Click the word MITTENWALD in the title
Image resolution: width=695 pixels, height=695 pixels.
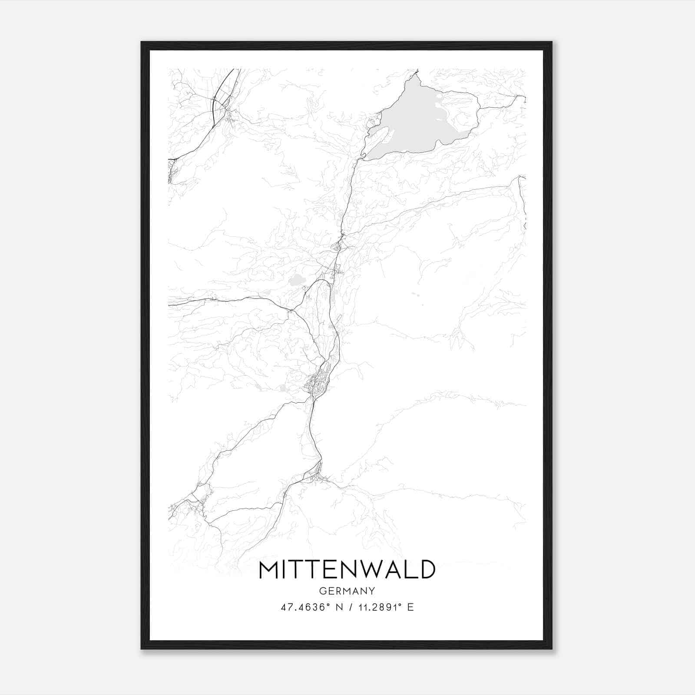pyautogui.click(x=347, y=569)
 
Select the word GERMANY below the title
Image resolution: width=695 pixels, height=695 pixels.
pyautogui.click(x=347, y=591)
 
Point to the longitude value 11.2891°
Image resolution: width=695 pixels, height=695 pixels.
pyautogui.click(x=377, y=607)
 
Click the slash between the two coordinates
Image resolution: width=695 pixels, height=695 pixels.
pyautogui.click(x=350, y=607)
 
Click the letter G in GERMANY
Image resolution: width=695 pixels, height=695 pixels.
pyautogui.click(x=322, y=591)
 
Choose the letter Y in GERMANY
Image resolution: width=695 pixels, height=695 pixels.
pyautogui.click(x=372, y=591)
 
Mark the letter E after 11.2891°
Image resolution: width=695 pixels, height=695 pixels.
pyautogui.click(x=410, y=607)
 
